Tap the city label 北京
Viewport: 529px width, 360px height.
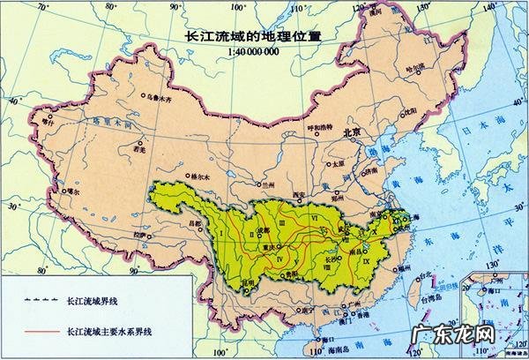[x=352, y=132]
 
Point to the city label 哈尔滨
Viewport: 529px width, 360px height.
[x=414, y=67]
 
